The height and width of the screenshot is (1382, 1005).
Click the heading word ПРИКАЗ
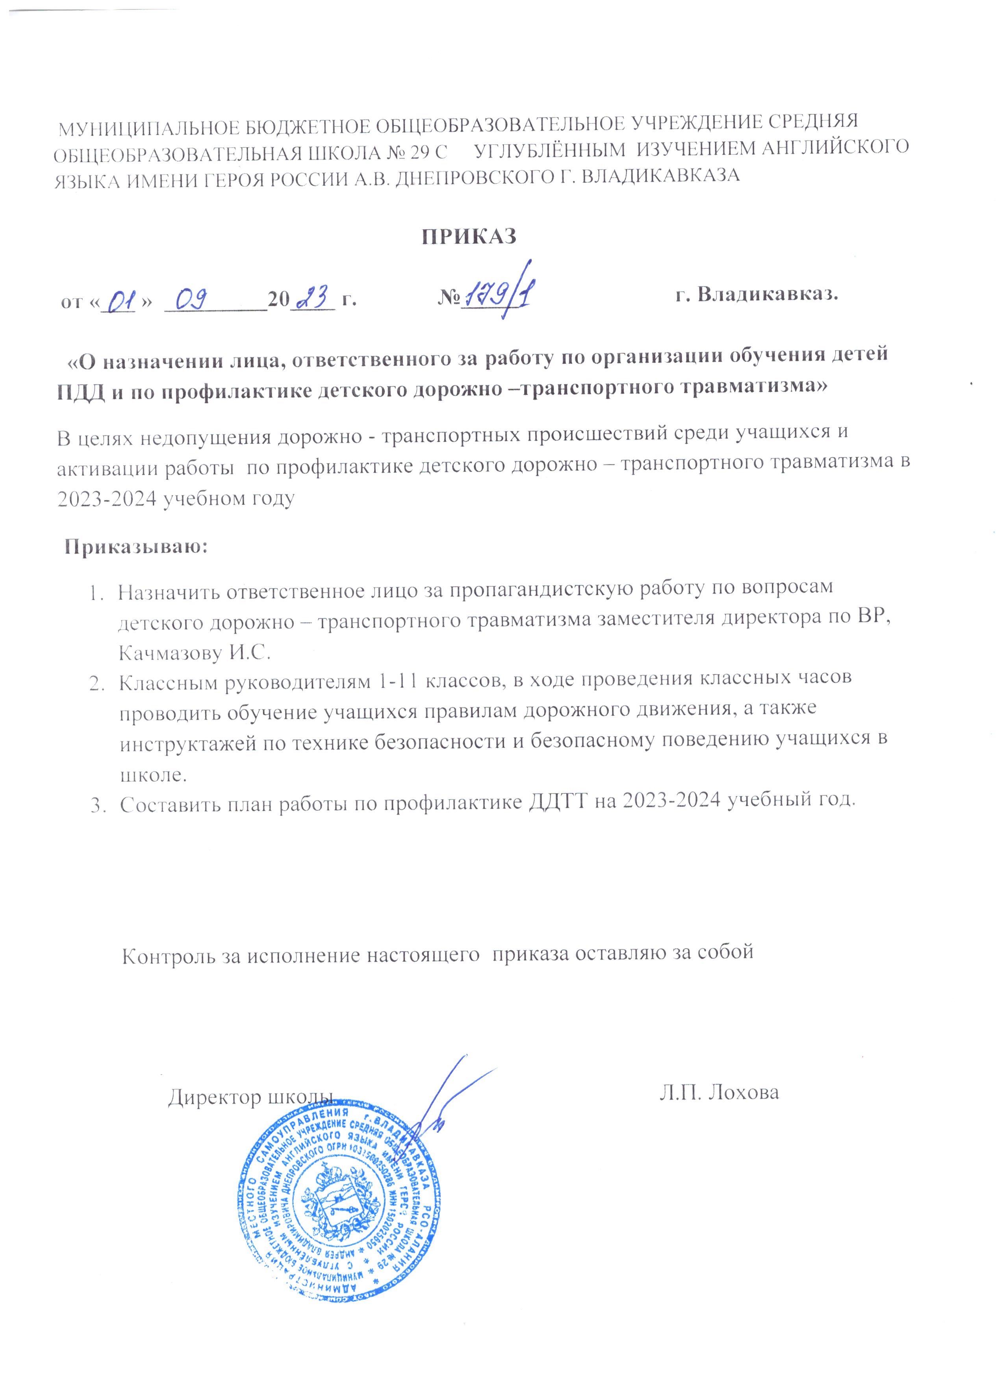point(470,236)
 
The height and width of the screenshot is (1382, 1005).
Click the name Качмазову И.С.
point(195,653)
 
